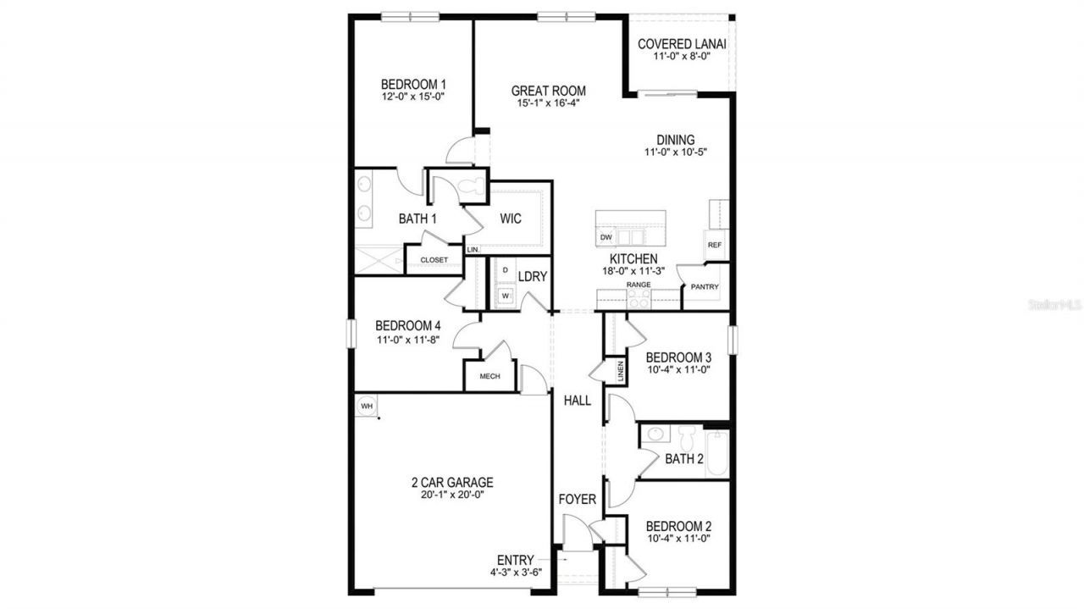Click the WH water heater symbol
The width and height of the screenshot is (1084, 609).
click(367, 406)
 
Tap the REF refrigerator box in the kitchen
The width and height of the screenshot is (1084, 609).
click(714, 245)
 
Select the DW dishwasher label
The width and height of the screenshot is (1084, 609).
click(606, 238)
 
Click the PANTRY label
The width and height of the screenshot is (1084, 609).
click(704, 287)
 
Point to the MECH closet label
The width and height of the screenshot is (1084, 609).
click(490, 376)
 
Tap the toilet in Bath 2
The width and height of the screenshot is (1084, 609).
click(686, 439)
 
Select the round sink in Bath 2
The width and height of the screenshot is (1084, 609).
click(655, 435)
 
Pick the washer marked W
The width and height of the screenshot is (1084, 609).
click(506, 296)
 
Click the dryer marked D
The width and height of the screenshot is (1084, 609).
click(506, 270)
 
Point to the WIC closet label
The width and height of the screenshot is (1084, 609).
click(510, 219)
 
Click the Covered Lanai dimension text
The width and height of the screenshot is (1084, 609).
click(681, 57)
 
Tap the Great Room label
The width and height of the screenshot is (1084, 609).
click(549, 91)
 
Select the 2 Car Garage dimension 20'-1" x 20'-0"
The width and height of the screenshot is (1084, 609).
click(452, 496)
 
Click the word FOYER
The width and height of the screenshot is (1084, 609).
click(578, 500)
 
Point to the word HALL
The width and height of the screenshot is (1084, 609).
click(578, 401)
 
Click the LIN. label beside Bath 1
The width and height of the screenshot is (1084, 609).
click(473, 250)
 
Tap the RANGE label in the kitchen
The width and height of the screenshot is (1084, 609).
click(639, 285)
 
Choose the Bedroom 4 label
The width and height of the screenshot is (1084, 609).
click(408, 325)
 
